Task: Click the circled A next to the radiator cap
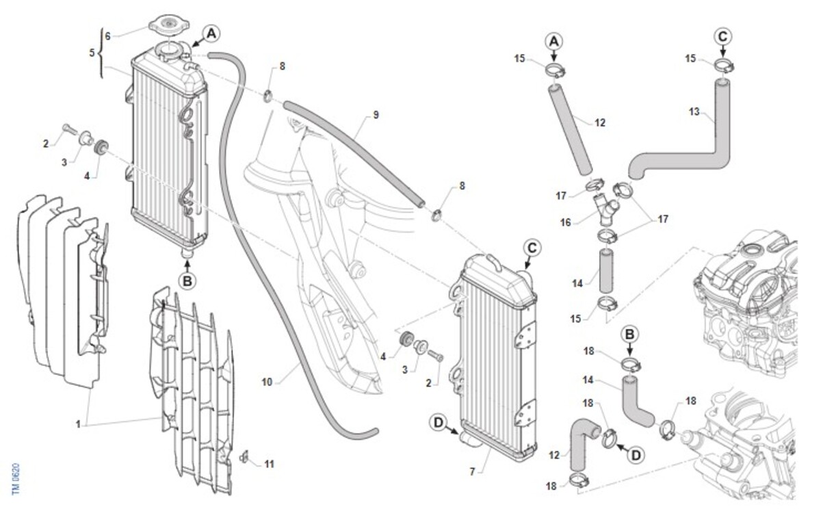(210, 33)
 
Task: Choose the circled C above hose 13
(724, 35)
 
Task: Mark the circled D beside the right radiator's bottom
(439, 423)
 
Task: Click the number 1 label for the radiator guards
(78, 424)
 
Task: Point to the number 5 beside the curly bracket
(92, 52)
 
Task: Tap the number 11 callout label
(269, 464)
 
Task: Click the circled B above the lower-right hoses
(631, 334)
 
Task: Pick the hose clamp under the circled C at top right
(725, 66)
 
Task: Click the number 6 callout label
(107, 36)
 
